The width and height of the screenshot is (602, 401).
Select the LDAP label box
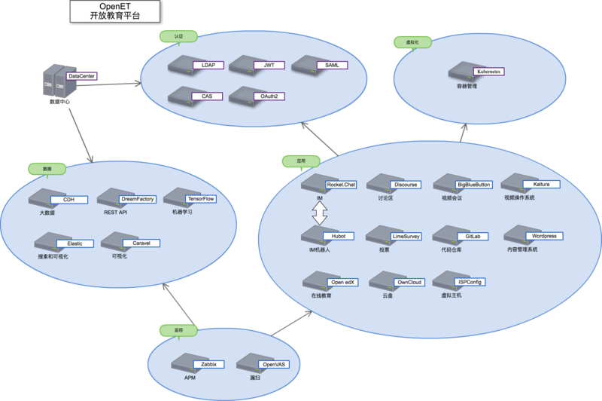pyautogui.click(x=208, y=66)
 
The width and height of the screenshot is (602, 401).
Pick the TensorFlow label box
pyautogui.click(x=200, y=199)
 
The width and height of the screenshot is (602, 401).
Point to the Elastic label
pyautogui.click(x=75, y=243)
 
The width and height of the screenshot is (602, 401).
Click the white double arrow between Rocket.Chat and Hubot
pyautogui.click(x=319, y=217)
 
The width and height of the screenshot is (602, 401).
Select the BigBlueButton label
pyautogui.click(x=473, y=184)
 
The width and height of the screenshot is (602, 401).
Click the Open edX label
pyautogui.click(x=342, y=282)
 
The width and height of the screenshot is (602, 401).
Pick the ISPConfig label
pyautogui.click(x=470, y=282)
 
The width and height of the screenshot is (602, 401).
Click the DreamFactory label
pyautogui.click(x=137, y=199)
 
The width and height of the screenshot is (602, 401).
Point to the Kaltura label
pyautogui.click(x=541, y=184)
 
